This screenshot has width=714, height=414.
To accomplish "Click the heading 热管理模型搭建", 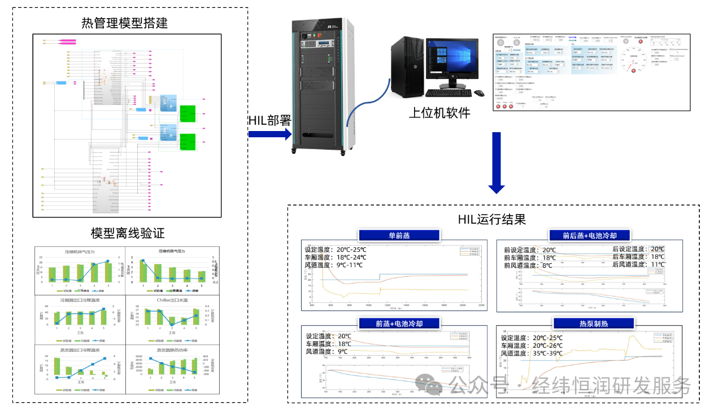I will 124,23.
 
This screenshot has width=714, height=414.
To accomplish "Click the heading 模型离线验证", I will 128,233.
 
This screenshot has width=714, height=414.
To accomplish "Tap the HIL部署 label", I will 269,120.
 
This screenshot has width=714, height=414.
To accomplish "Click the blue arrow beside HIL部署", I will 269,134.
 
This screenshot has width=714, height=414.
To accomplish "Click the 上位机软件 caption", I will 439,112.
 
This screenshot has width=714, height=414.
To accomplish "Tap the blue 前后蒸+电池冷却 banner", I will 589,236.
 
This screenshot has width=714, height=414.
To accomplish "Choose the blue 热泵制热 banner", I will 589,324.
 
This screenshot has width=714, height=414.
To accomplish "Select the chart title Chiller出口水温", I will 168,300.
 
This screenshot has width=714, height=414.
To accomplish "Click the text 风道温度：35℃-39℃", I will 532,353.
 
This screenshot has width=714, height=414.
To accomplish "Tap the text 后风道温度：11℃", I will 638,264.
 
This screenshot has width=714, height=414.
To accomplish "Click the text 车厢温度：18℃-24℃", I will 336,257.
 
